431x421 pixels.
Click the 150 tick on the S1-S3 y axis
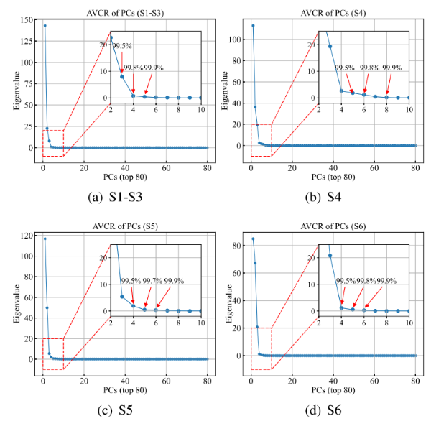tap(27, 19)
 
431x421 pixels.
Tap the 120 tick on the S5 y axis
tap(27, 236)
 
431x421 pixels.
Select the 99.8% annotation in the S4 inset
tap(369, 68)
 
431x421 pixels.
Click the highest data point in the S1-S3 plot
tap(45, 26)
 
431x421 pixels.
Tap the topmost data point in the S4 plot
tap(253, 26)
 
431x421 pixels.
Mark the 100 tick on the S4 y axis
tap(235, 34)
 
